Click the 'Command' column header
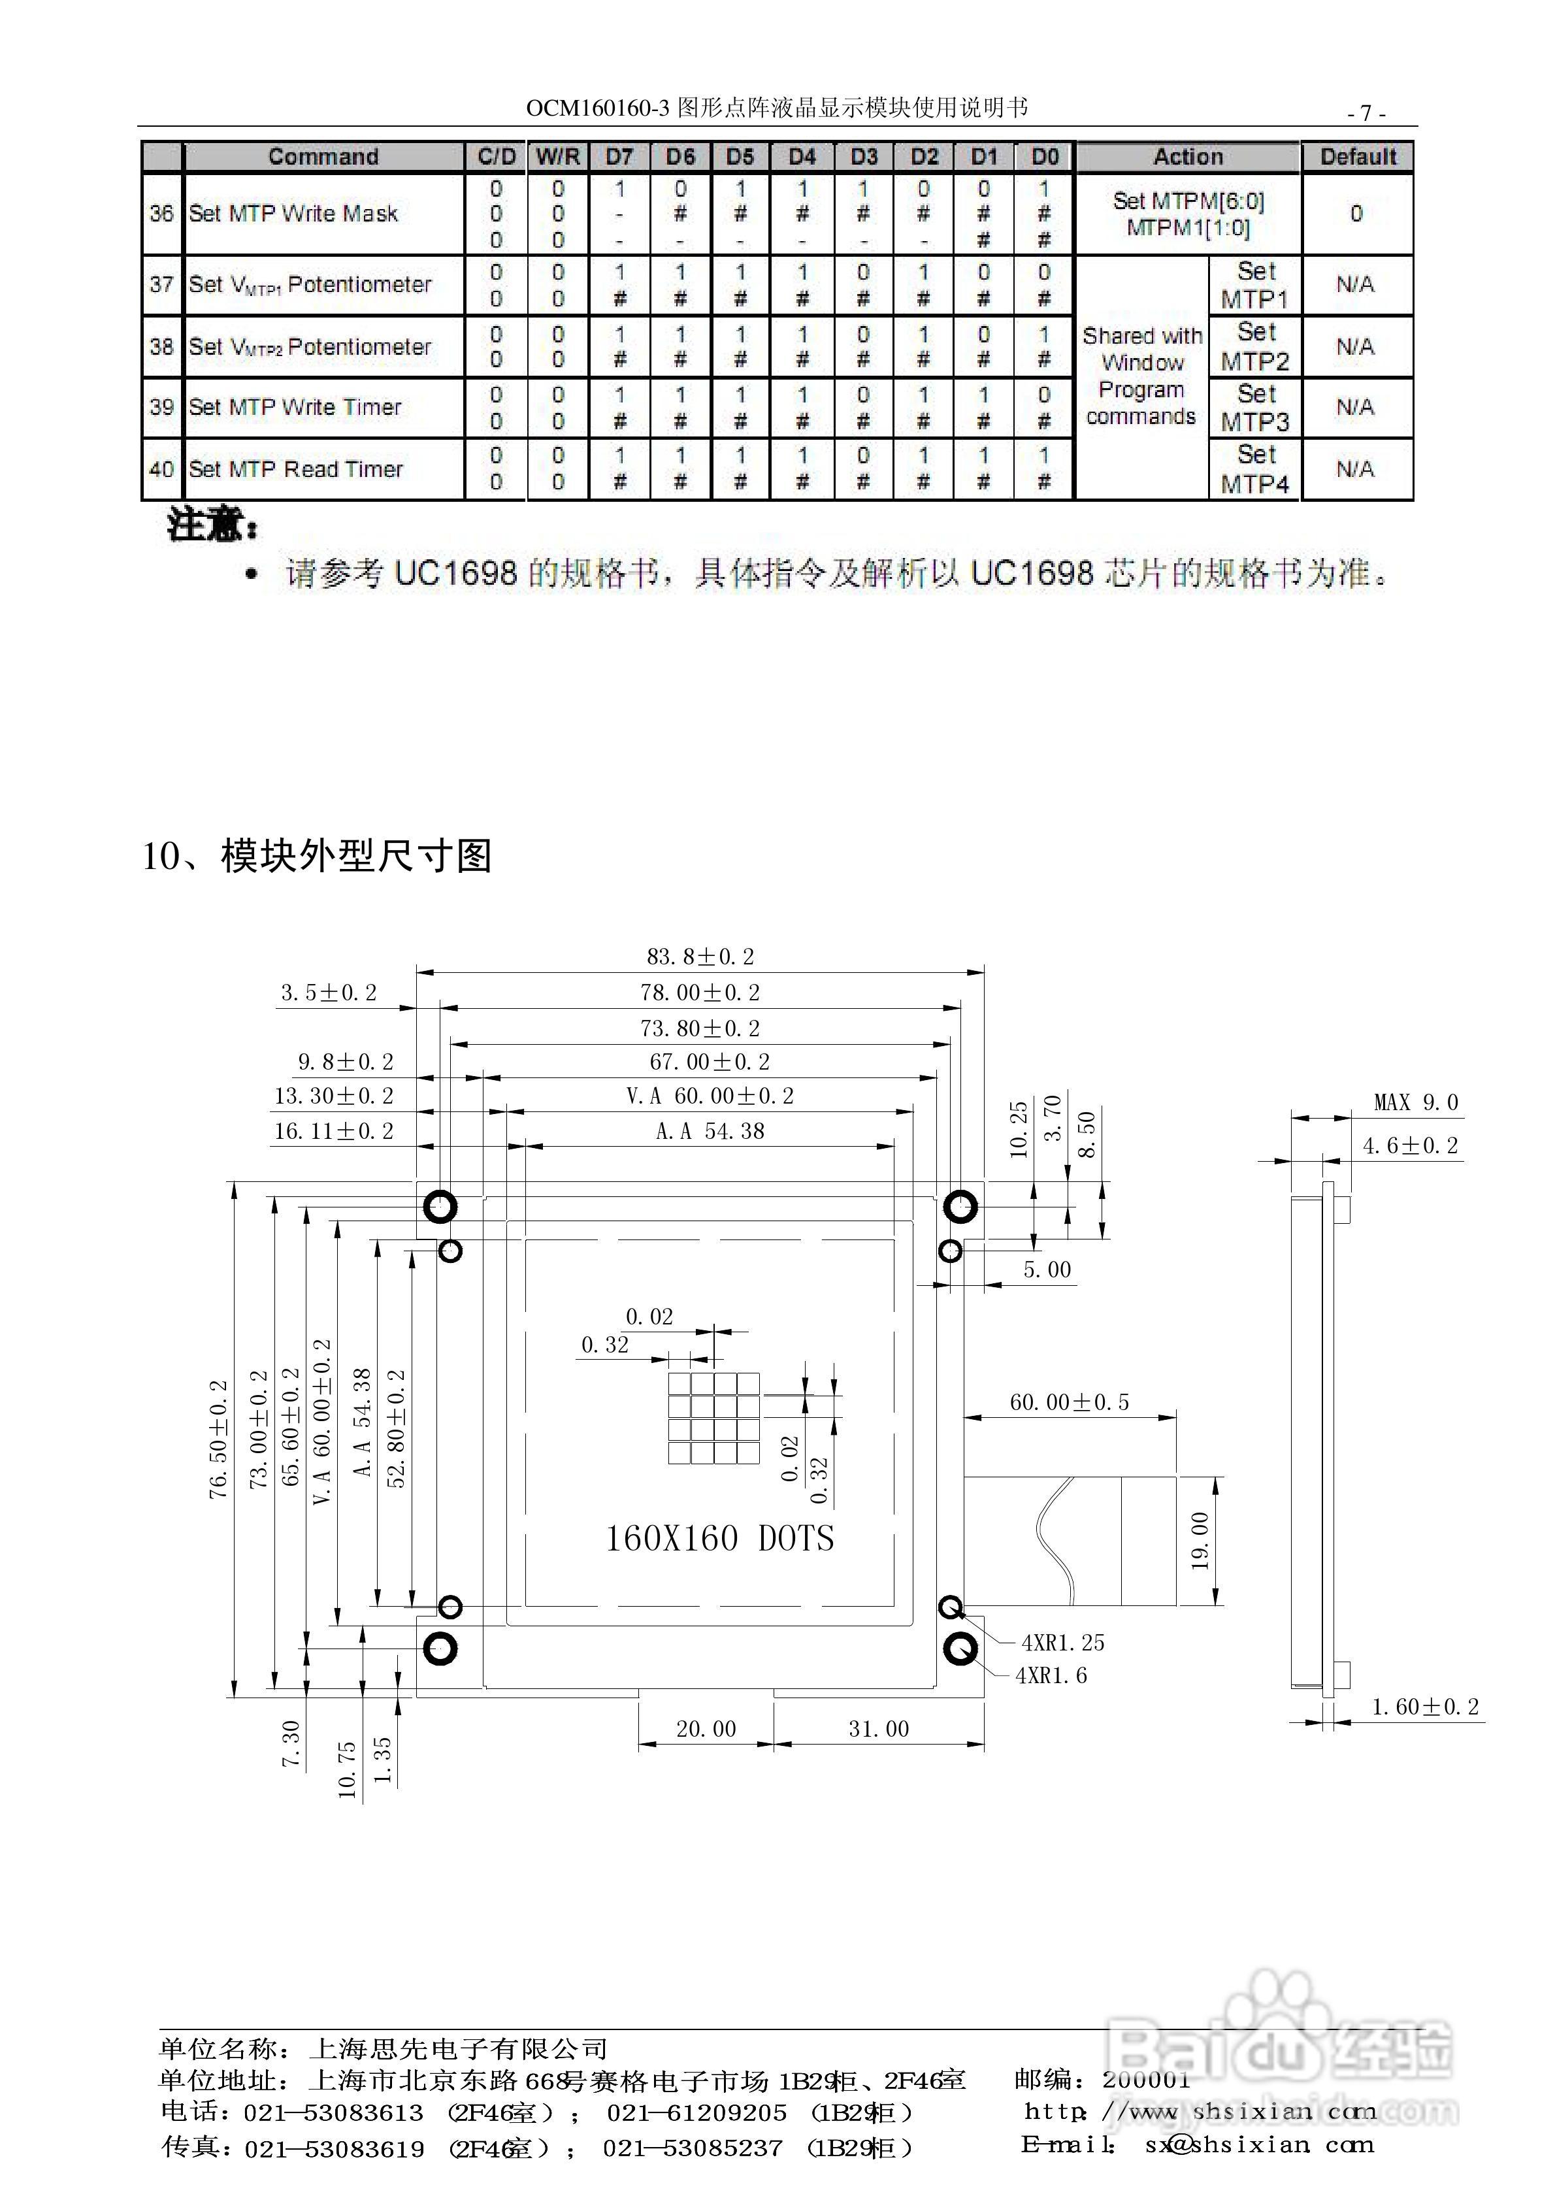tap(323, 156)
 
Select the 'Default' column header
tap(1358, 156)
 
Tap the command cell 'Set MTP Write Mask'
tap(293, 214)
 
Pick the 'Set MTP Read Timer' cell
tap(296, 469)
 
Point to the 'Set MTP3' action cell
tap(1255, 408)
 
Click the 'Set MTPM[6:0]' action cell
tap(1188, 214)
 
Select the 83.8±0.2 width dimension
tap(700, 957)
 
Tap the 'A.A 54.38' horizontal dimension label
tap(710, 1132)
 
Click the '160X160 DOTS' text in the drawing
tap(719, 1539)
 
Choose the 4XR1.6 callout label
tap(1051, 1675)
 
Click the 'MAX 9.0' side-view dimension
tap(1415, 1103)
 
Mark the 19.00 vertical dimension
tap(1200, 1540)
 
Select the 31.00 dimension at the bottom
tap(878, 1729)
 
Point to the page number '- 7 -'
tap(1366, 113)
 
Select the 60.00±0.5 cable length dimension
tap(1070, 1402)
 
